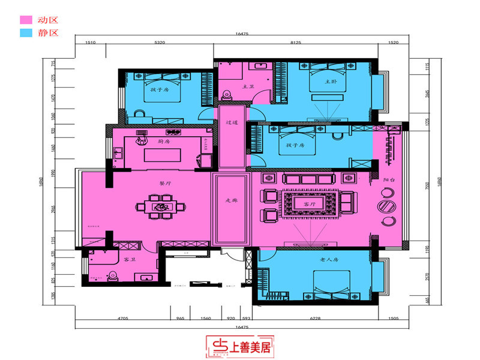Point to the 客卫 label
(130, 260)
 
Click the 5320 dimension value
(160, 43)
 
